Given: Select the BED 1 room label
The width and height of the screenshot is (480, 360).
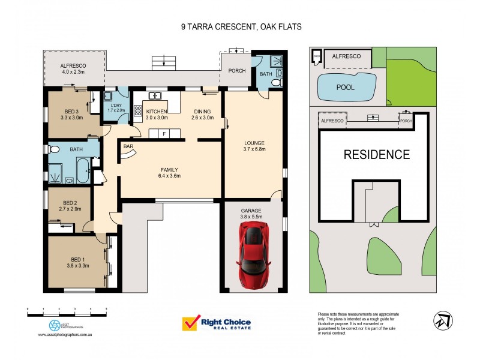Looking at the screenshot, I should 74,259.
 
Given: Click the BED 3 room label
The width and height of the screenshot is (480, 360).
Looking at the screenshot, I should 73,110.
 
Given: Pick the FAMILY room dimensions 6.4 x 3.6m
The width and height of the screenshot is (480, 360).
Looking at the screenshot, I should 169,176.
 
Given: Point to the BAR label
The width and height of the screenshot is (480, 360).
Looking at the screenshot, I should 128,146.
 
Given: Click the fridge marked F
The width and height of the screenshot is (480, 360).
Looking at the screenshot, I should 163,133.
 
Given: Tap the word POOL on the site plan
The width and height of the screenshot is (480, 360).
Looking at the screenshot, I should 345,87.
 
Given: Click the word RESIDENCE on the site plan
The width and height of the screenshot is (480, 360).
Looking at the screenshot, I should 376,154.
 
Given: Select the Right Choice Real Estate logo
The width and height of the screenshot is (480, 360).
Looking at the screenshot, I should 217,325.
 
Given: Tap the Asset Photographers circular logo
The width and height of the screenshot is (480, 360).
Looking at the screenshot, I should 55,325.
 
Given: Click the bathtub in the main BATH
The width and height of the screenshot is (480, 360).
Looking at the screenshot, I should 83,171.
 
